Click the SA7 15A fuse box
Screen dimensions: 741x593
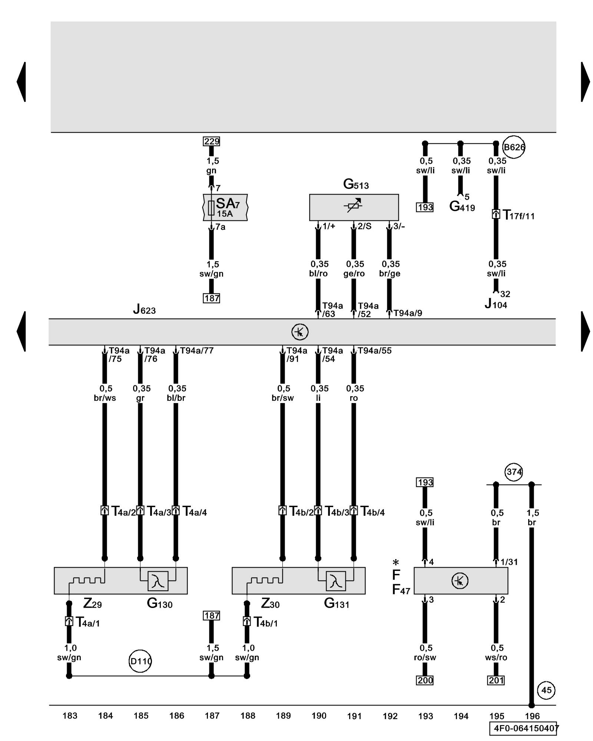[x=225, y=207]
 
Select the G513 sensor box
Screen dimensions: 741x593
[x=354, y=207]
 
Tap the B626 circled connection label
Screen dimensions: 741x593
[x=514, y=147]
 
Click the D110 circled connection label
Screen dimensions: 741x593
[x=140, y=661]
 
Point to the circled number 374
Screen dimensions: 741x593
[x=514, y=472]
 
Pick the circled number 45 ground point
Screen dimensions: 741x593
[x=546, y=690]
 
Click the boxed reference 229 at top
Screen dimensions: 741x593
[x=212, y=141]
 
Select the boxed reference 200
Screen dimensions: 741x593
[x=425, y=680]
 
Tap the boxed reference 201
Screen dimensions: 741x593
[x=496, y=680]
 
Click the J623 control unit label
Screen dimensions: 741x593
[x=145, y=309]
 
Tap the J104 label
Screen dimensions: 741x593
[x=496, y=304]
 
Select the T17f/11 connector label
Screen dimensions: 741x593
[x=518, y=215]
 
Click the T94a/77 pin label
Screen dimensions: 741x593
[x=197, y=350]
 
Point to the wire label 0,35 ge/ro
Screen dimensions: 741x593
[x=355, y=269]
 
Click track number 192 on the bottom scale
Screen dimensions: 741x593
[x=390, y=716]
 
